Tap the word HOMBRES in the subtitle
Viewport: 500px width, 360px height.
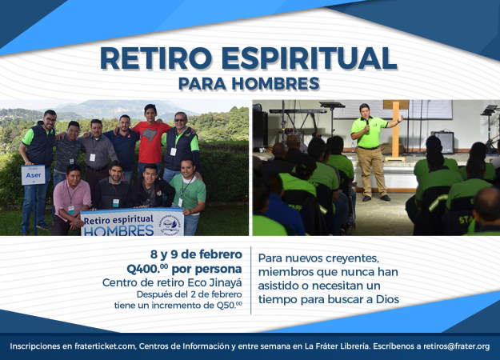275,83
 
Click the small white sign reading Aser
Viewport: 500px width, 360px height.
33,175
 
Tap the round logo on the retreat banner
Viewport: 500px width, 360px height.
170,223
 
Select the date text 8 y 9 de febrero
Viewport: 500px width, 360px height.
196,254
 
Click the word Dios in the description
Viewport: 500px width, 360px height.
387,299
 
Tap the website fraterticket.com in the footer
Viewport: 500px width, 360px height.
105,346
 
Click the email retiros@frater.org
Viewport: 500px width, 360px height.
456,346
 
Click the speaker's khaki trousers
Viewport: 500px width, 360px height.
371,172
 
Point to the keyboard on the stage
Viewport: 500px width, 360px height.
298,111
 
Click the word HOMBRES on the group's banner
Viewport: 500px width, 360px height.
118,230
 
